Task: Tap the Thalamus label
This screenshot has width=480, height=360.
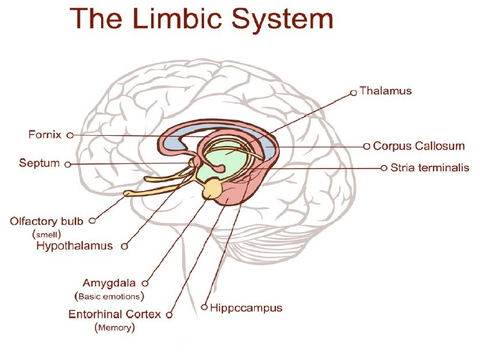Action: [x=385, y=91]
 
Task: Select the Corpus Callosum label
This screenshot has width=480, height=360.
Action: [x=418, y=146]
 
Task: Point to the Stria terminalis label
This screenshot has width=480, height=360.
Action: [x=430, y=168]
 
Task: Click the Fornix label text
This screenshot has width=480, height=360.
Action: [x=44, y=135]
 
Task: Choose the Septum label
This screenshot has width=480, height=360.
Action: [x=39, y=163]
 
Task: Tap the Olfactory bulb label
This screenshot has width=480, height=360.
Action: [x=47, y=221]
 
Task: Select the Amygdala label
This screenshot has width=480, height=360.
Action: [x=109, y=283]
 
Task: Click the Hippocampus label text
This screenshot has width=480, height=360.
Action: [x=246, y=308]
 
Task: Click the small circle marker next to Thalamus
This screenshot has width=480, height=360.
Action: [x=354, y=91]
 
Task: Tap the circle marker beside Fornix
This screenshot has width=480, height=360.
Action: [x=70, y=136]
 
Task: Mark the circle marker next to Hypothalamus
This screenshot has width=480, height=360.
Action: [x=124, y=247]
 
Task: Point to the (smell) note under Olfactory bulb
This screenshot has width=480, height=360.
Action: [x=47, y=234]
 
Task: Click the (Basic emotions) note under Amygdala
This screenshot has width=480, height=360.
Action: [x=109, y=296]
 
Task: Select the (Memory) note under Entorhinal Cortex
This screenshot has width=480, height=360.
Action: [x=114, y=328]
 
